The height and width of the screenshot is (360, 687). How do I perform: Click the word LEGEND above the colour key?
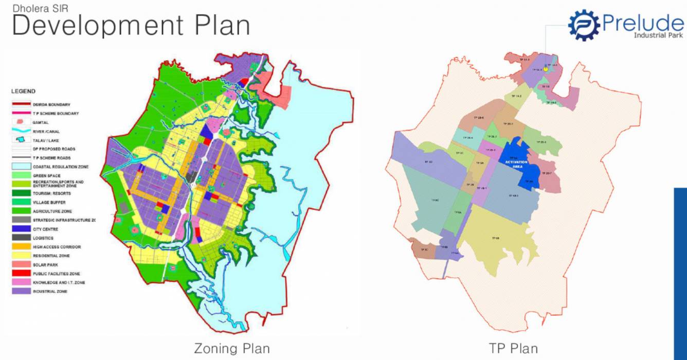(x=23, y=91)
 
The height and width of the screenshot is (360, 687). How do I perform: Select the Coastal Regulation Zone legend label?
(x=61, y=167)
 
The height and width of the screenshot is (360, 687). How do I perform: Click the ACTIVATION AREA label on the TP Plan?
(x=517, y=164)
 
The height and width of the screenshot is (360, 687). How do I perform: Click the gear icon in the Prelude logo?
(x=584, y=25)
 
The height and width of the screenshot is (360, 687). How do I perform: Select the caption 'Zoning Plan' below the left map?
(x=231, y=348)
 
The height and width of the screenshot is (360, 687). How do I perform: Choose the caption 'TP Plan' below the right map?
(x=514, y=348)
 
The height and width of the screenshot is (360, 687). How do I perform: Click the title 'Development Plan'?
(x=131, y=25)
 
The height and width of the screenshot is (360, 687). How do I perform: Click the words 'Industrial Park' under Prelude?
(x=658, y=35)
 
